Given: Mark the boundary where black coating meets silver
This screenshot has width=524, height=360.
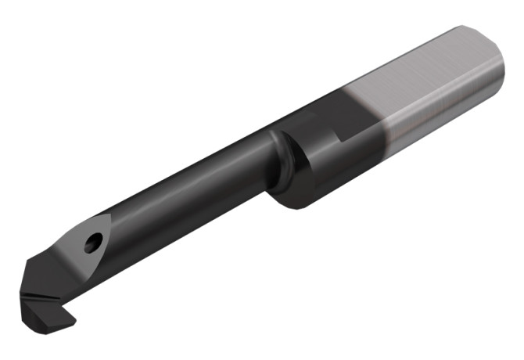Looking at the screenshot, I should click(x=383, y=125).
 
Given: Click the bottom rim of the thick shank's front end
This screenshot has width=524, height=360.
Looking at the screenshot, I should click(x=293, y=205).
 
